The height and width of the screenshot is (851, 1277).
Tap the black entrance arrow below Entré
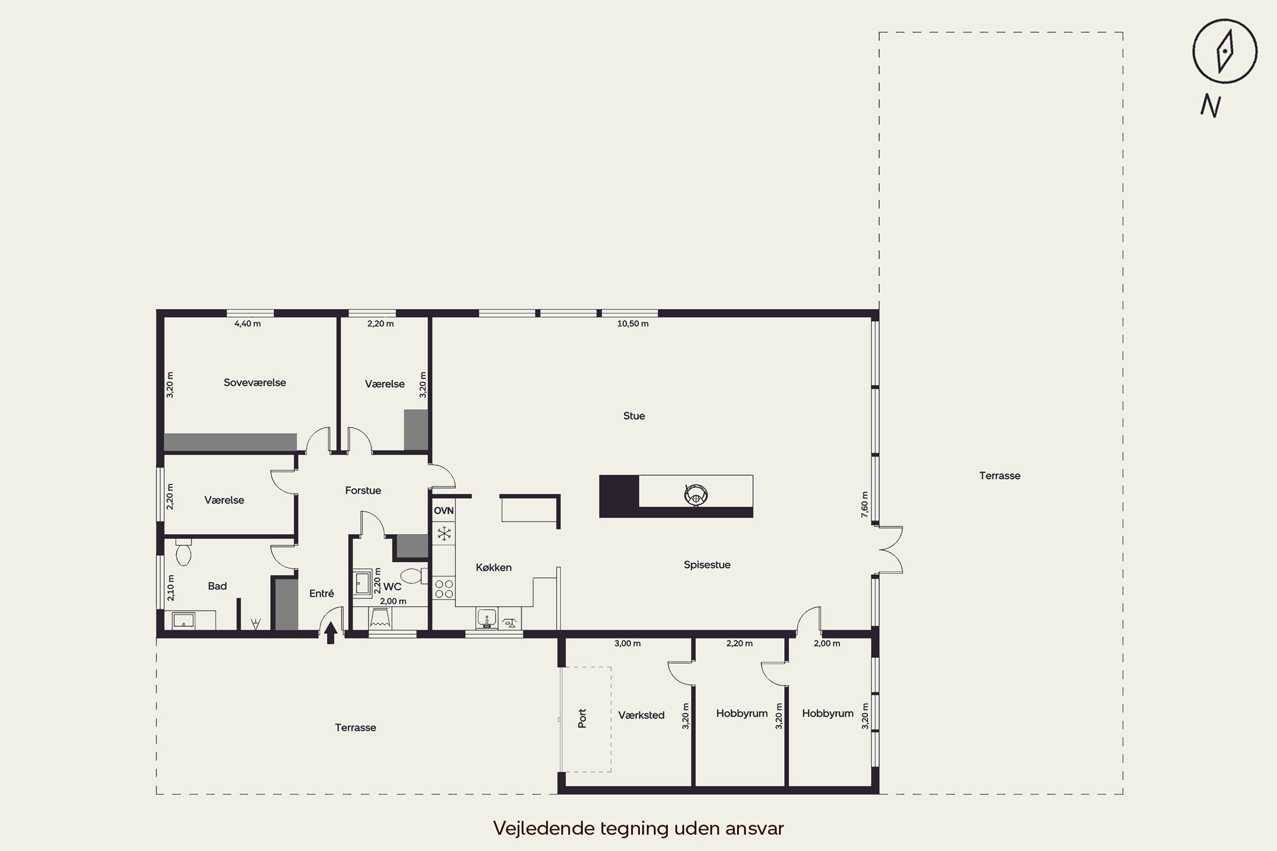331,633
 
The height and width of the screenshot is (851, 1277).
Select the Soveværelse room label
255,383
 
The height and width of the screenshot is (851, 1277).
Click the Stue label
634,416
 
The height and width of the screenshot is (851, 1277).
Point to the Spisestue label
707,565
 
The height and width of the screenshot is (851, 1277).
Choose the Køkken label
493,567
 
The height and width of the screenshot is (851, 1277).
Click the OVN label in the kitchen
444,511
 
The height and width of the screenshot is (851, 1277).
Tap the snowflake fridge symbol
444,534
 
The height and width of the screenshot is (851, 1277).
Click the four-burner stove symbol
444,589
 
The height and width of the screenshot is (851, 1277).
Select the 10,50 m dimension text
633,324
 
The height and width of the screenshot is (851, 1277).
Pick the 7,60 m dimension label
865,504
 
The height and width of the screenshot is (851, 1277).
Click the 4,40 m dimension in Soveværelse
248,324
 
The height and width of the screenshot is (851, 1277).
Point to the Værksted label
641,715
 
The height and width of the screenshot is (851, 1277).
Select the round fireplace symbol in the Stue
696,494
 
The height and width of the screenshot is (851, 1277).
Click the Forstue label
363,491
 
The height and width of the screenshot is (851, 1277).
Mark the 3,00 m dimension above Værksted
627,644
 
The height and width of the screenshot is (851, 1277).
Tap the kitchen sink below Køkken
487,618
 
